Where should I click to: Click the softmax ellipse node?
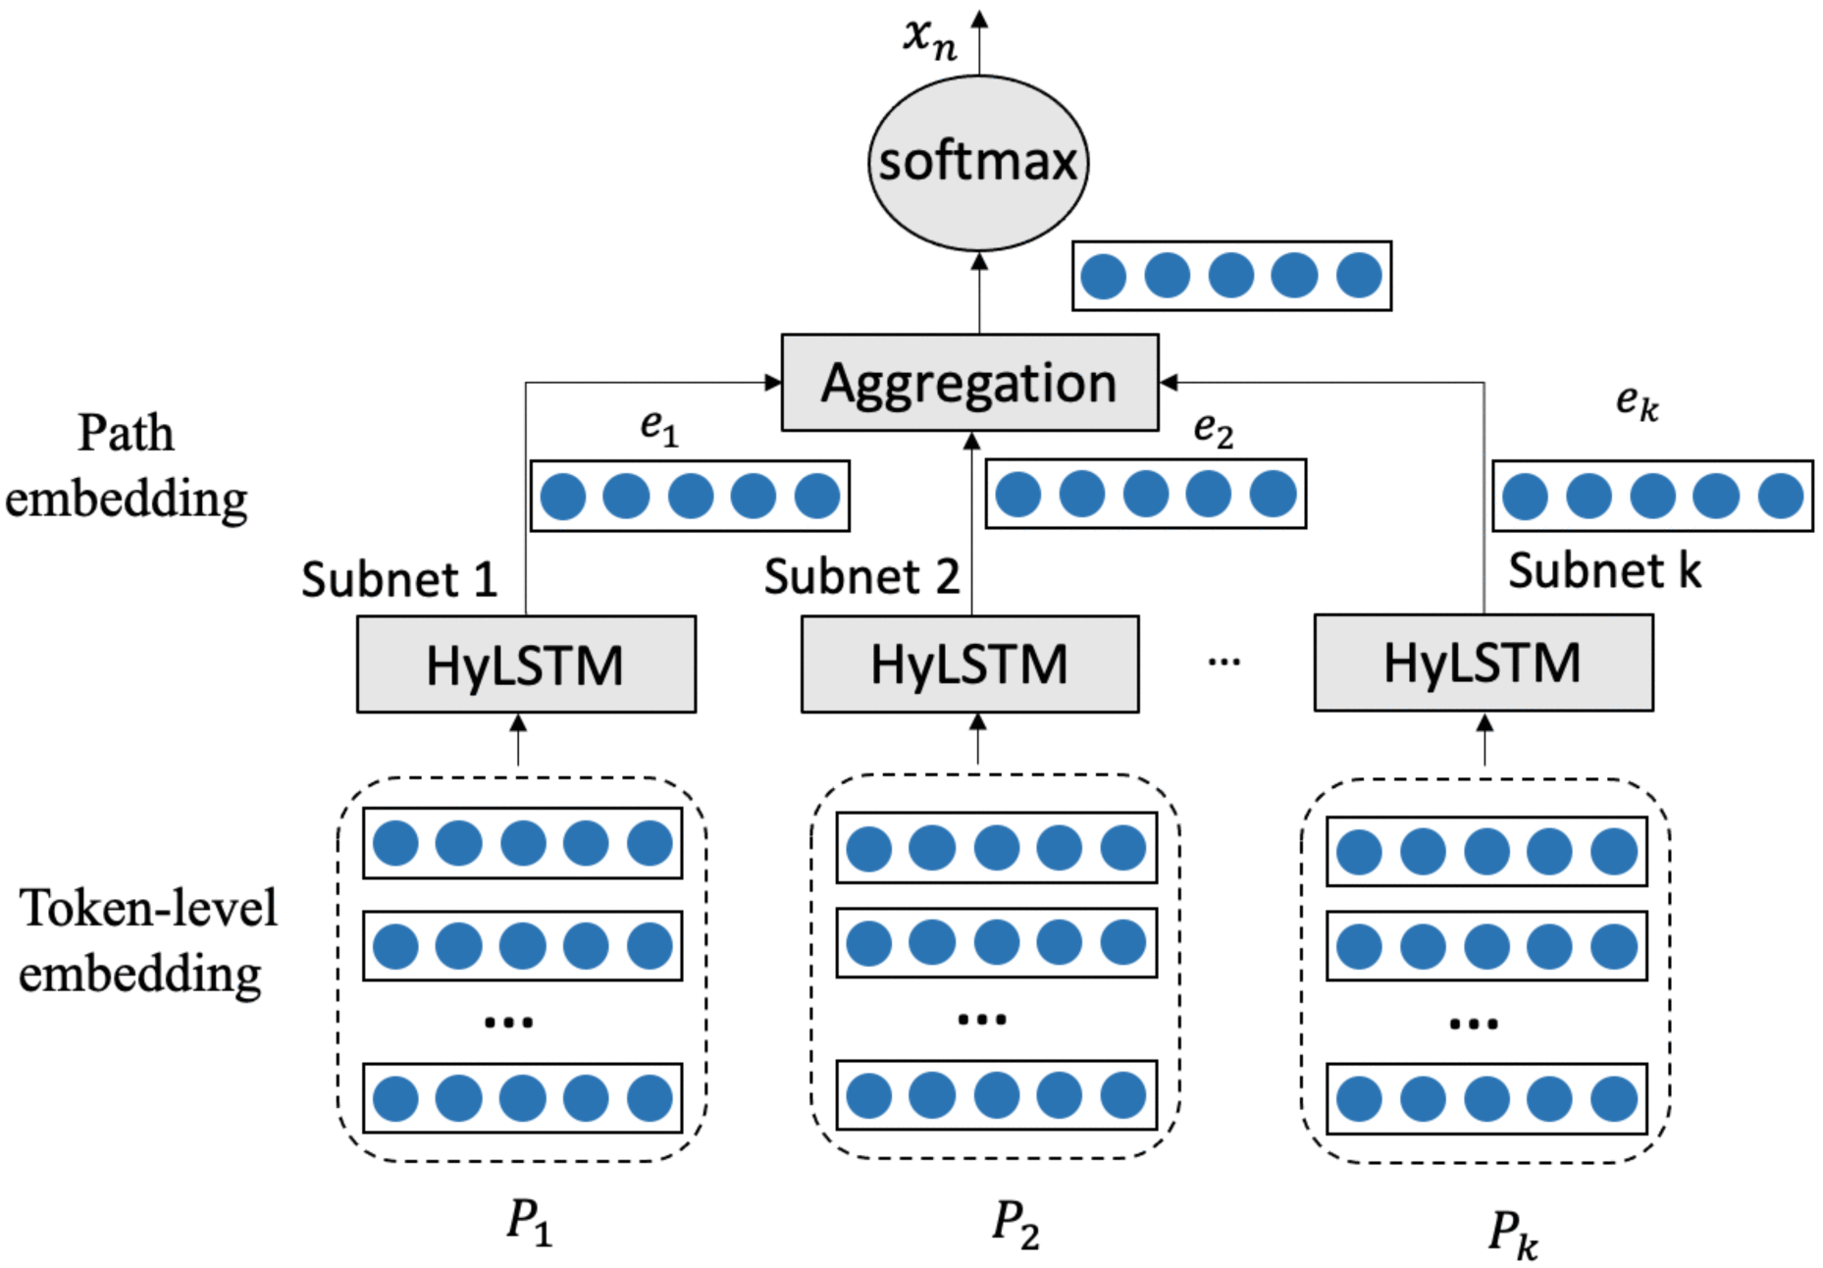coord(977,163)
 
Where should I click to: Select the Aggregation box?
coord(969,383)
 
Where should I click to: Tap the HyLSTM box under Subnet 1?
coord(526,664)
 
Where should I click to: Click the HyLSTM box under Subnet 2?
coord(969,664)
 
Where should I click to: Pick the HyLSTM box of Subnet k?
coord(1483,662)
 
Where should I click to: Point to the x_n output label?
coord(929,37)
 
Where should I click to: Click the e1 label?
coord(659,426)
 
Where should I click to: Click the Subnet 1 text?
coord(398,579)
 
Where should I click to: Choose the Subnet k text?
coord(1603,570)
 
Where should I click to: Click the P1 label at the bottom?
coord(529,1222)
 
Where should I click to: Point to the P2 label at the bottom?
coord(1015,1224)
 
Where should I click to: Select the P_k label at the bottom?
coord(1512,1233)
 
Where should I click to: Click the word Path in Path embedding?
coord(126,433)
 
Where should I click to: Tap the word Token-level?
coord(148,908)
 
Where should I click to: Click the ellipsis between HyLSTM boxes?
coord(1224,662)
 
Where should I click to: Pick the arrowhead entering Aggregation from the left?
coord(773,383)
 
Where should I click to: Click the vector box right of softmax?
coord(1231,276)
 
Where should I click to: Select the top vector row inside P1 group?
coord(522,843)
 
